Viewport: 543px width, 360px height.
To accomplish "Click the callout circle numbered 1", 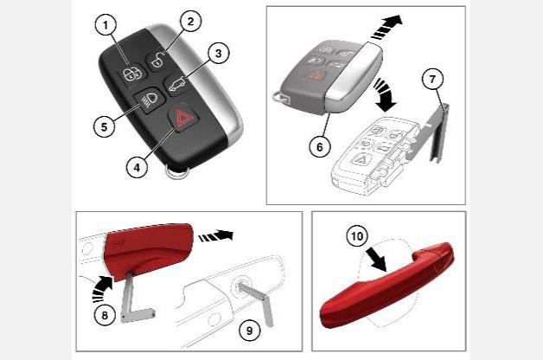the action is [105, 25].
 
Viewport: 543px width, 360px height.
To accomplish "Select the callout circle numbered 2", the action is [190, 22].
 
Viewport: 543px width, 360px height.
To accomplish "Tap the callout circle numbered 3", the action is [218, 54].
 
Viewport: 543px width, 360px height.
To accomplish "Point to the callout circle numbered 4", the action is [137, 168].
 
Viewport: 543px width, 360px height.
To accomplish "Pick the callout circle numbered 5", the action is [105, 126].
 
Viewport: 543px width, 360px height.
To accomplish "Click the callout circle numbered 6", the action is [320, 147].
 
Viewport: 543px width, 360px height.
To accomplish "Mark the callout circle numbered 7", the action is [432, 80].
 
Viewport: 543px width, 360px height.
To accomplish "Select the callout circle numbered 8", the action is [105, 315].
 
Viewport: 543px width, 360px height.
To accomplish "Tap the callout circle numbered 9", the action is [249, 331].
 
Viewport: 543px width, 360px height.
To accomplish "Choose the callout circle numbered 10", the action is [357, 236].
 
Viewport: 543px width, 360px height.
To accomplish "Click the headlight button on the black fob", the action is [147, 100].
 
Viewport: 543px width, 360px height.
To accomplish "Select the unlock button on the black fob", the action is [159, 61].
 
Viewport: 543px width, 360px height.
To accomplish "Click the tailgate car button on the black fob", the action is [176, 85].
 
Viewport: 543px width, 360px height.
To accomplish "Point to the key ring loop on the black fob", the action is [177, 171].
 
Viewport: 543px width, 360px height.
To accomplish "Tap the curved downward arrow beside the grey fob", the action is [386, 95].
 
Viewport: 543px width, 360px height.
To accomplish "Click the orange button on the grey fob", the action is [315, 74].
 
